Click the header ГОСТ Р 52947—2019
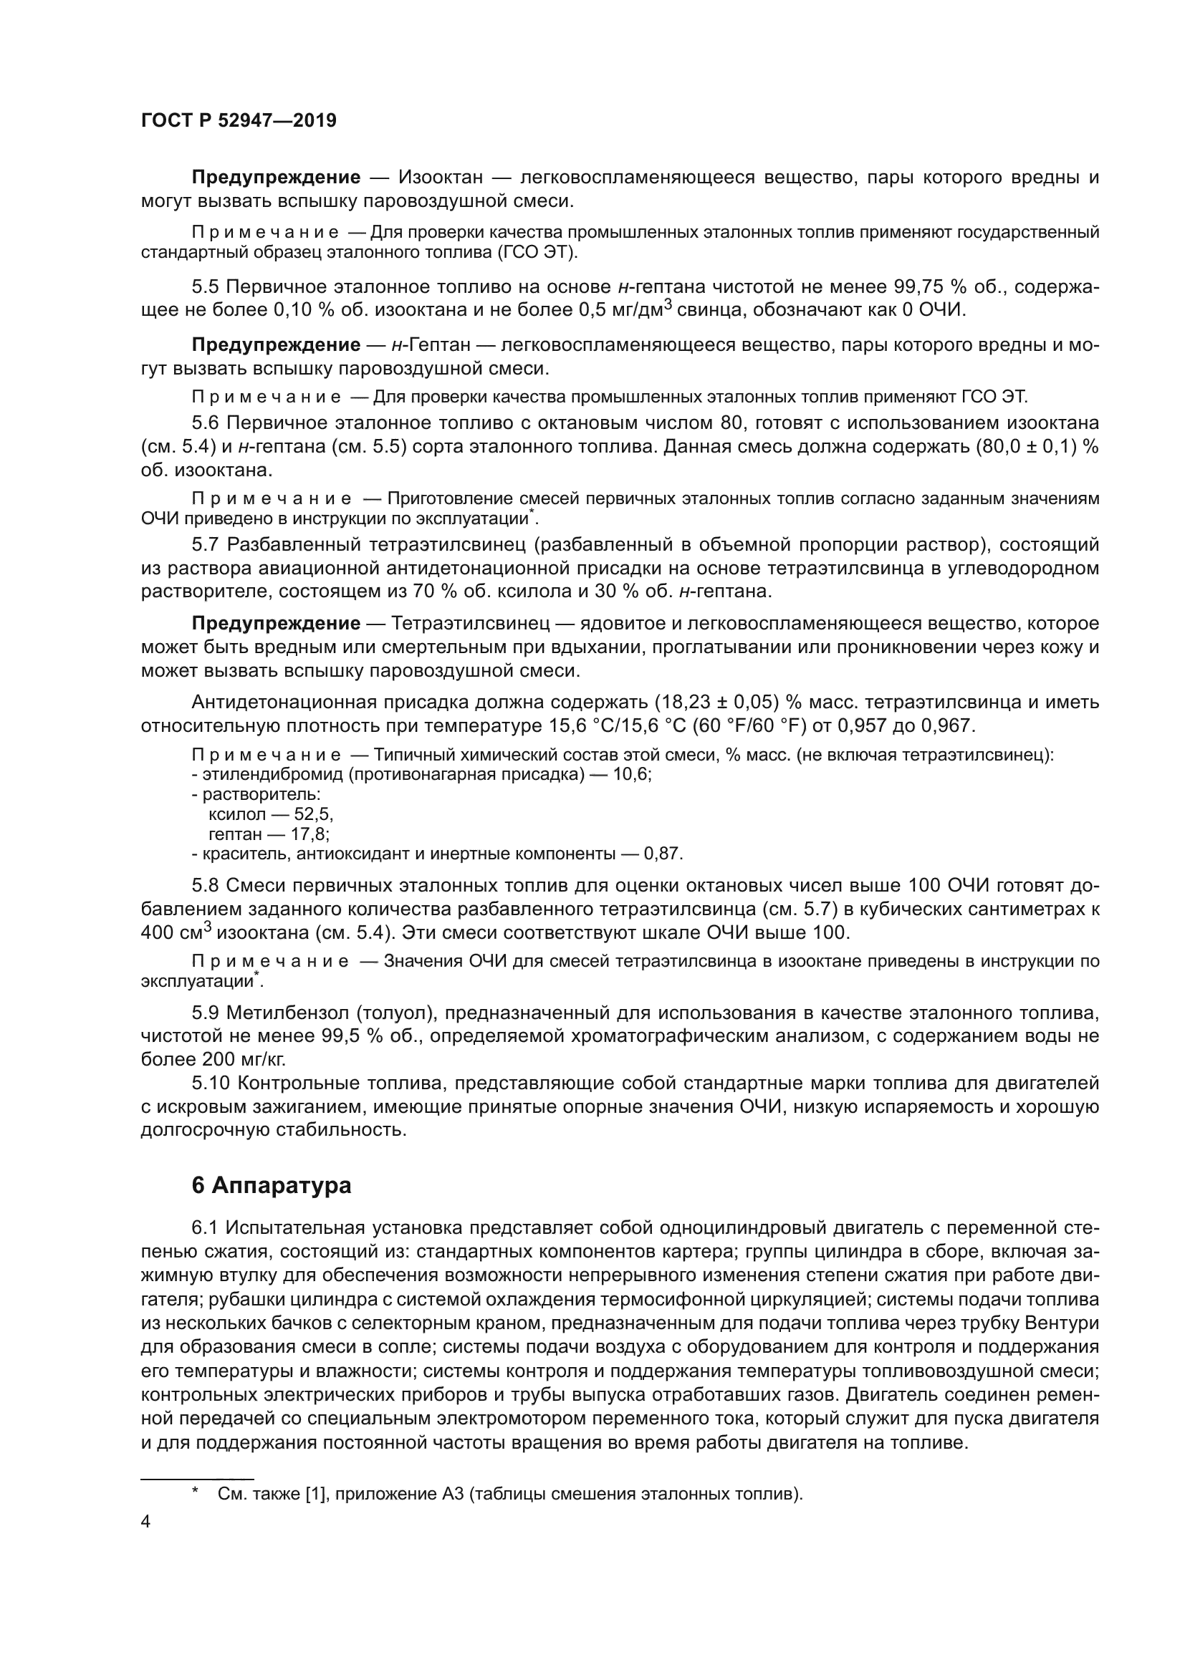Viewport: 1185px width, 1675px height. (x=239, y=121)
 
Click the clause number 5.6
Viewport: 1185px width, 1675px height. (x=207, y=423)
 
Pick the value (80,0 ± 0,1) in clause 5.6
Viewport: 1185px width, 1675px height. (x=1026, y=446)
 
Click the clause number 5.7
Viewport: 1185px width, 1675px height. (x=207, y=545)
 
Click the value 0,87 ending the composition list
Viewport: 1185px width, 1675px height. (x=661, y=854)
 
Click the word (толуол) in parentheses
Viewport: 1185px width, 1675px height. (x=394, y=1013)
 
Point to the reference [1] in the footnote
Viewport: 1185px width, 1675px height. (x=315, y=1494)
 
